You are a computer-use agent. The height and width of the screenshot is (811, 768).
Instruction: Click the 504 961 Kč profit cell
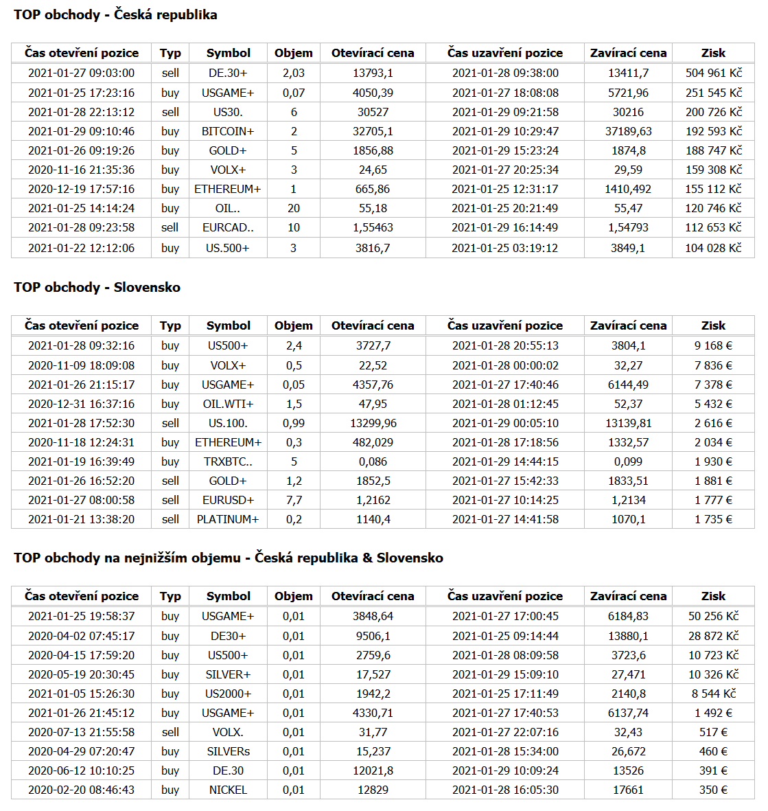[713, 73]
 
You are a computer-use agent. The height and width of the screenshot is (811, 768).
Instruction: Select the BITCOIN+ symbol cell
[228, 131]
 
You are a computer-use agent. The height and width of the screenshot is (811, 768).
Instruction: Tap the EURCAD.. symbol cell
[228, 227]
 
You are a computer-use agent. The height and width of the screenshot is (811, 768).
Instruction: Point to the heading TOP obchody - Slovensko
[97, 288]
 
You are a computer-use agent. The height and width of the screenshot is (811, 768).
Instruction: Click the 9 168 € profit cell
[713, 345]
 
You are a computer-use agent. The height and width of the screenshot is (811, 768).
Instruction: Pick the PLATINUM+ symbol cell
[228, 519]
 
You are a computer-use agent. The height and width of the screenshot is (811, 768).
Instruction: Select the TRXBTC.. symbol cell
[228, 461]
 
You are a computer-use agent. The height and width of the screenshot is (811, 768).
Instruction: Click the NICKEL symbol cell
[228, 790]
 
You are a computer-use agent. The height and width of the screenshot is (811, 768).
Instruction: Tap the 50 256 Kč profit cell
[713, 616]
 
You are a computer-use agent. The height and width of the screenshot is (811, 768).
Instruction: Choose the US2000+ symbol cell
[228, 694]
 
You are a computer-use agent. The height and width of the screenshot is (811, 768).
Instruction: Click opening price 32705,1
[373, 131]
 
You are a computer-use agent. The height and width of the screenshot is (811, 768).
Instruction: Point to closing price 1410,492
[628, 189]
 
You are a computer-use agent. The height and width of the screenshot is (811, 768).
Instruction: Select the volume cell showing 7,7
[294, 500]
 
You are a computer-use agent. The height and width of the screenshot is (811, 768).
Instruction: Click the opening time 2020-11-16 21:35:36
[81, 170]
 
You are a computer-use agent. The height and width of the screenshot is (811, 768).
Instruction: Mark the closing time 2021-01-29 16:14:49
[505, 227]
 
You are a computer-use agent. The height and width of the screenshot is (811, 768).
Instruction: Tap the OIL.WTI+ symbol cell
[228, 404]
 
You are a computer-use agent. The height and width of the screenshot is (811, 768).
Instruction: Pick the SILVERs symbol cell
[228, 751]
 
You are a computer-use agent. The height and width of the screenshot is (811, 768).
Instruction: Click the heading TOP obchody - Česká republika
[115, 14]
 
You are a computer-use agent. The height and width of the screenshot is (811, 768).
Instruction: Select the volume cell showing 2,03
[294, 73]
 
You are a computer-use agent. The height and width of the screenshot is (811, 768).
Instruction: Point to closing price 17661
[628, 790]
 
